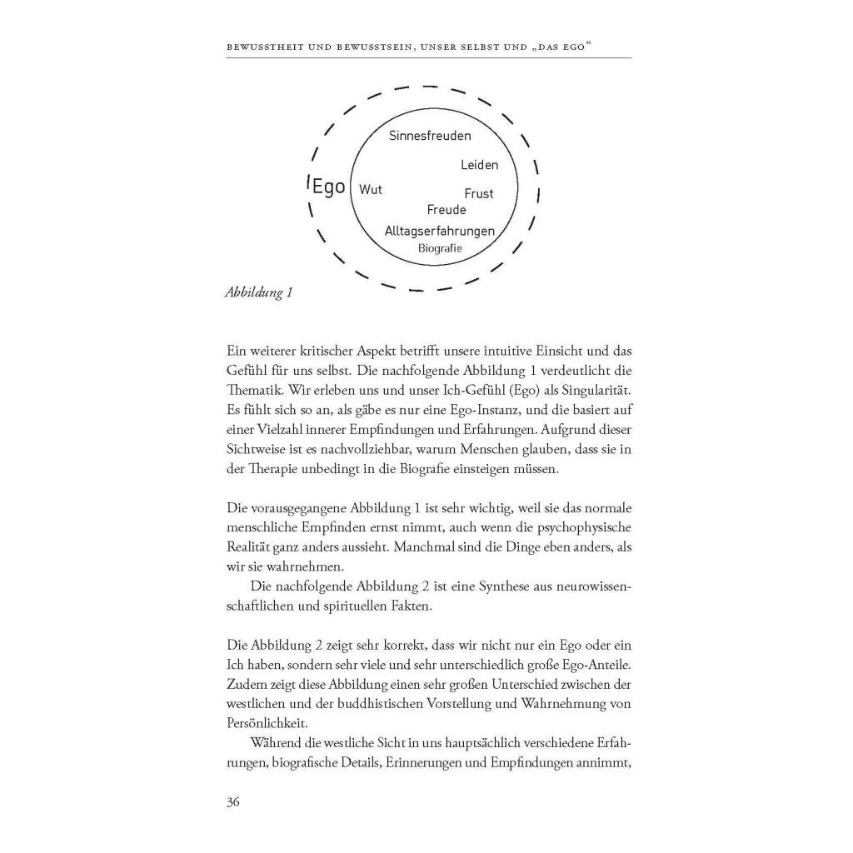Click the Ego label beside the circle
click(328, 186)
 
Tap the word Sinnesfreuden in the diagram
click(430, 135)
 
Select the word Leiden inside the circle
click(479, 165)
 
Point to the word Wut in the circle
click(371, 190)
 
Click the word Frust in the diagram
click(479, 193)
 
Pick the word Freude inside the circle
click(446, 210)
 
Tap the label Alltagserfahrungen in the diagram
click(440, 231)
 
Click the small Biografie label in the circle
click(440, 247)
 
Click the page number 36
click(233, 802)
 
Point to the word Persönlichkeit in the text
click(262, 724)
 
